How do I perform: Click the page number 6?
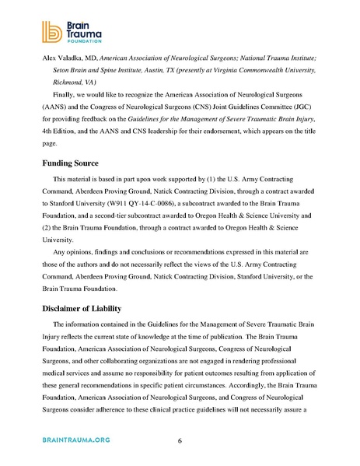tap(180, 441)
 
